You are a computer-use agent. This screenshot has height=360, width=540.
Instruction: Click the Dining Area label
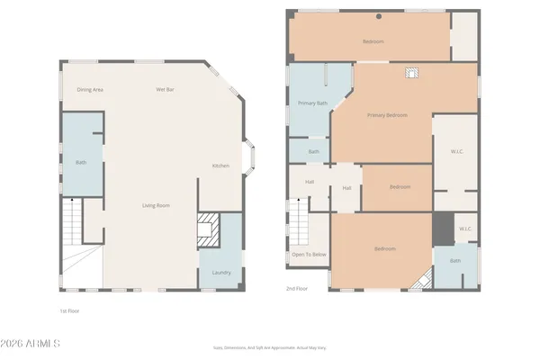(90, 89)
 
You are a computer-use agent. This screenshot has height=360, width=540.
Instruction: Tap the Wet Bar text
(165, 89)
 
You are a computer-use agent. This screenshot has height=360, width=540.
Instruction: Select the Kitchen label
(220, 166)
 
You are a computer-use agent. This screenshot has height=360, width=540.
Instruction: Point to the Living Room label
(156, 205)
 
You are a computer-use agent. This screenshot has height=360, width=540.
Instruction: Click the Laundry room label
(220, 273)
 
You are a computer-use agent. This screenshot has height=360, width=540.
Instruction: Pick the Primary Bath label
(312, 103)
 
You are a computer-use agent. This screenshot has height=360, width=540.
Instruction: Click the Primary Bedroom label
(387, 115)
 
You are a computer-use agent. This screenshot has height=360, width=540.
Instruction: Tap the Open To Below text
(309, 255)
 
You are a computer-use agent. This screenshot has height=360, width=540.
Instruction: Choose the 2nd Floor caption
(297, 289)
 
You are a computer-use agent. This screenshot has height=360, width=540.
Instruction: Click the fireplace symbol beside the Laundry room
(208, 230)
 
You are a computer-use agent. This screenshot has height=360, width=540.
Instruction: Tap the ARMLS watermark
(31, 343)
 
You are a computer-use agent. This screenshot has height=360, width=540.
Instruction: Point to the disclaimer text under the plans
(269, 346)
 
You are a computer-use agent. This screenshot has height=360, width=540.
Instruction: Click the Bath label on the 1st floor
(81, 162)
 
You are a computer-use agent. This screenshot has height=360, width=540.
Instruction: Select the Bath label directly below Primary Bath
(314, 151)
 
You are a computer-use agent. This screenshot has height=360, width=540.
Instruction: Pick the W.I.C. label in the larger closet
(456, 151)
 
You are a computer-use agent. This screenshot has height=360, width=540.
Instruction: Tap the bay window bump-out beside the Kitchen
(251, 159)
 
